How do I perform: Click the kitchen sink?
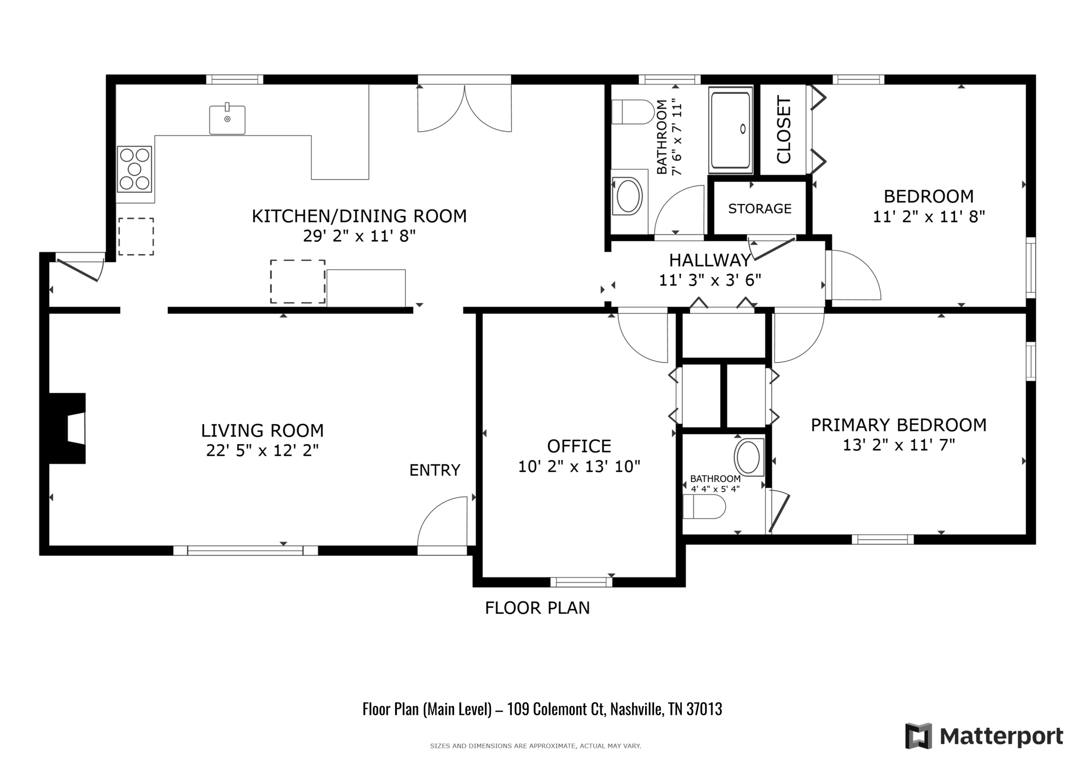pos(227,120)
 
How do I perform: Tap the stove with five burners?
pos(134,169)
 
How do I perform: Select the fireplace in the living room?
pos(68,428)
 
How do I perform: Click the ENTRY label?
pos(435,470)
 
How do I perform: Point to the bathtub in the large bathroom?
pos(730,130)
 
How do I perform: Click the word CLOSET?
pos(783,130)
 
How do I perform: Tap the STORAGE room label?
pos(760,209)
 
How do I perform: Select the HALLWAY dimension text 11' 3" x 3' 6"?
pos(710,280)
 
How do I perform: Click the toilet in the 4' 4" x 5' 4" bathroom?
pos(703,506)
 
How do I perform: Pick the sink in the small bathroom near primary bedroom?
pos(748,457)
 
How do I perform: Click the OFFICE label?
pos(579,446)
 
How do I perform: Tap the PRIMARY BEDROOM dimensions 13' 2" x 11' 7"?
pos(898,445)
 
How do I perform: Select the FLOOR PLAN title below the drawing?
pos(537,608)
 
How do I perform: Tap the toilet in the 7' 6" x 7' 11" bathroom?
pos(633,112)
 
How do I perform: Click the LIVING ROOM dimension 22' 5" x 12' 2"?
pos(262,450)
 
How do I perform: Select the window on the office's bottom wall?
pos(581,582)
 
